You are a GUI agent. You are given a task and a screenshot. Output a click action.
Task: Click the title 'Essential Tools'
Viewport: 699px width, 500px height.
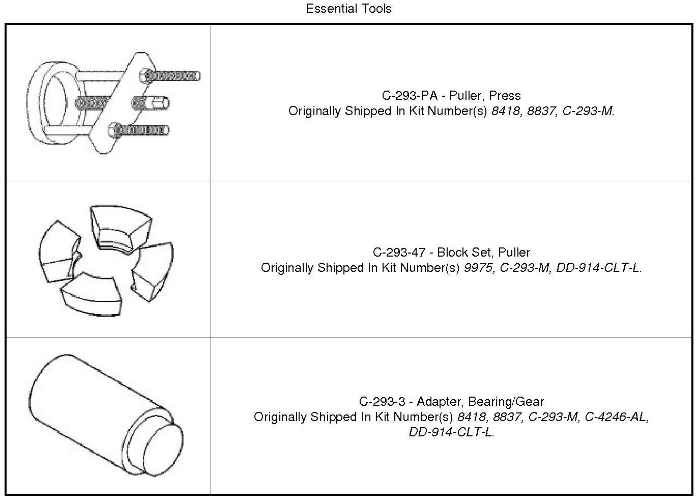click(x=348, y=9)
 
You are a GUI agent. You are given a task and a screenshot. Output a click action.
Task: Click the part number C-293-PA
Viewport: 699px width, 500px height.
click(x=410, y=96)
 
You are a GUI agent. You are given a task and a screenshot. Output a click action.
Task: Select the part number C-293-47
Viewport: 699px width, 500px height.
click(x=399, y=253)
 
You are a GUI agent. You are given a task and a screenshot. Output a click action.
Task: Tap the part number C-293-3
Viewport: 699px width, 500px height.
click(x=382, y=402)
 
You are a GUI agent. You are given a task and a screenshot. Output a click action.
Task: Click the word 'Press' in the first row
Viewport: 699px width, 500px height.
click(x=505, y=96)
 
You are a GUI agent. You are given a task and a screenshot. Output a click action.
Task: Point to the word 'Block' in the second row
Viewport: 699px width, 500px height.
click(x=452, y=253)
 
